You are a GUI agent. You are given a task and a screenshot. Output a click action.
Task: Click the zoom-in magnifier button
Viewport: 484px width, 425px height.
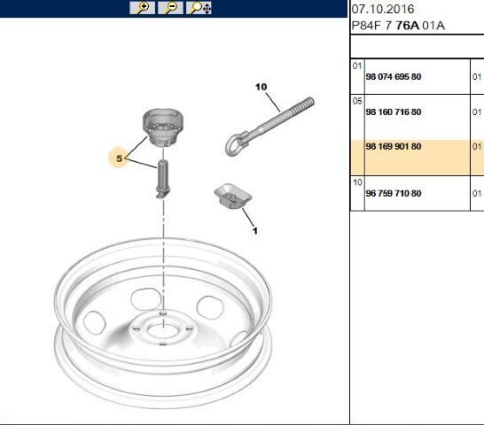pyautogui.click(x=143, y=8)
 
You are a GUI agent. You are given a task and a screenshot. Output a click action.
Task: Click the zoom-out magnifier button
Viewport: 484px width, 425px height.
pyautogui.click(x=170, y=8)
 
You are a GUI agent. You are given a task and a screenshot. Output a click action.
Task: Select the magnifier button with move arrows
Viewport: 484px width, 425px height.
pyautogui.click(x=199, y=8)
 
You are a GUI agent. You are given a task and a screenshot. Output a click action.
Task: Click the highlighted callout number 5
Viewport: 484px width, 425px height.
pyautogui.click(x=119, y=158)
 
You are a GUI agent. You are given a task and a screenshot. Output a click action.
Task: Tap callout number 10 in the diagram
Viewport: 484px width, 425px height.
pyautogui.click(x=262, y=87)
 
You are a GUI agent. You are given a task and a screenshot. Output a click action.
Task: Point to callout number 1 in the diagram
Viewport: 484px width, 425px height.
pyautogui.click(x=255, y=231)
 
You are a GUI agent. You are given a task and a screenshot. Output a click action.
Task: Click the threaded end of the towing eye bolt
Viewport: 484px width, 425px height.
pyautogui.click(x=303, y=104)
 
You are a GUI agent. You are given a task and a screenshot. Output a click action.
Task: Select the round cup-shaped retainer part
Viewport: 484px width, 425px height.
pyautogui.click(x=163, y=127)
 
